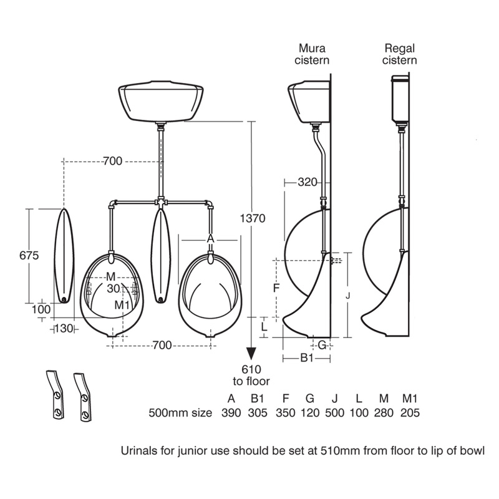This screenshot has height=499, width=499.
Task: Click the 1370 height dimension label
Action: [253, 219]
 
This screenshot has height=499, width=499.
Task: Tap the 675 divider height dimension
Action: [29, 256]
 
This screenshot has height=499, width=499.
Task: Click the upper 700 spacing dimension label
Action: [112, 162]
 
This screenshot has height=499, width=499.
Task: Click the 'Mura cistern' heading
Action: [313, 54]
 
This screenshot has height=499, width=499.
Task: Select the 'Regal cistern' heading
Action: [400, 54]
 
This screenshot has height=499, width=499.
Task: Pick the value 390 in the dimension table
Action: [231, 413]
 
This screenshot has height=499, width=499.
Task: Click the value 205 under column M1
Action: [410, 413]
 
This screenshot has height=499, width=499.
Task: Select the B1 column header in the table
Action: [258, 397]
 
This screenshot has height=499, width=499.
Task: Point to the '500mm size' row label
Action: [180, 413]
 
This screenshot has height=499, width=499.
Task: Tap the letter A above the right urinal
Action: [210, 238]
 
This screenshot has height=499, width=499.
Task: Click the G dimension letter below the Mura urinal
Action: [322, 344]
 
